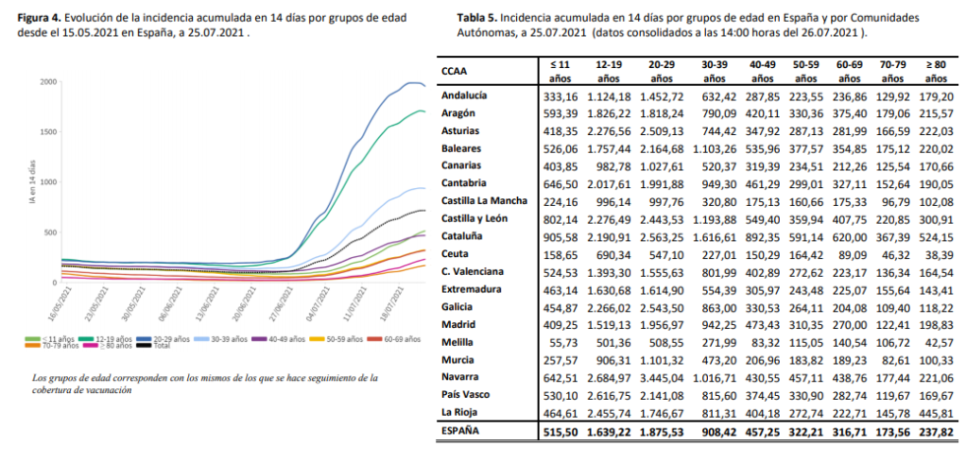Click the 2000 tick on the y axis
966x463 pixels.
pos(48,82)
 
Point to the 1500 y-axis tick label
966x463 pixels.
pos(48,132)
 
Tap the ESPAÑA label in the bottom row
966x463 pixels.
pos(463,430)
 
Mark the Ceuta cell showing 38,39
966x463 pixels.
pos(934,254)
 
